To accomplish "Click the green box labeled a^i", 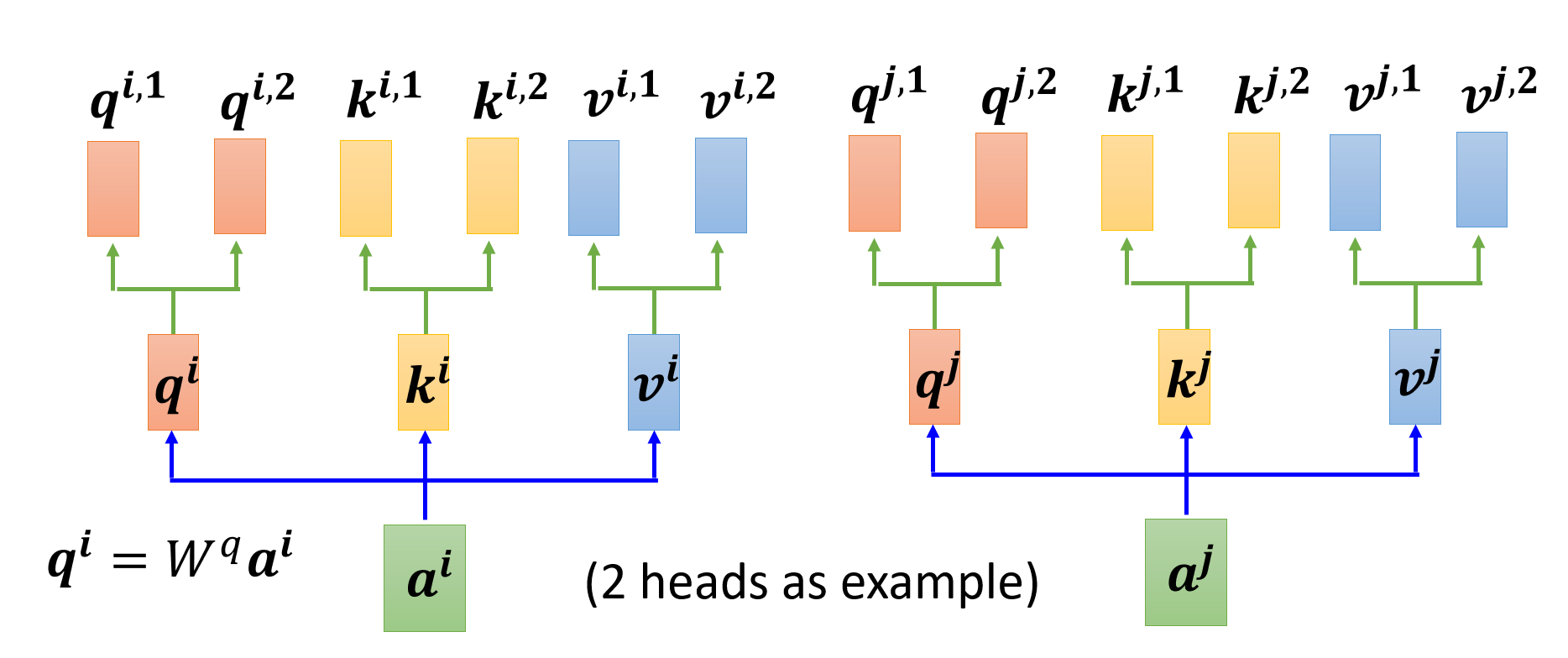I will (425, 578).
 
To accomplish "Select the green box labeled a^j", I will (1186, 572).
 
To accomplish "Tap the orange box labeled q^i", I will (174, 383).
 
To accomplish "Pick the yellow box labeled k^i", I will (424, 383).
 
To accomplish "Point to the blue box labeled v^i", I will (654, 383).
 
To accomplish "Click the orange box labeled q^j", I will (935, 377).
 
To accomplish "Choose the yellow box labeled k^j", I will (1184, 377).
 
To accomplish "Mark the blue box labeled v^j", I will (1415, 377).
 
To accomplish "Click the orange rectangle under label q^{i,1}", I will (113, 189).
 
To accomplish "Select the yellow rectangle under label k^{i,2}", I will (493, 186).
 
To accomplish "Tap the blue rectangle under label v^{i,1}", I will (594, 188).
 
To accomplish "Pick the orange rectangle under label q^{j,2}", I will (1001, 180).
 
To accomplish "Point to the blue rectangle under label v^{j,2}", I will (1482, 180).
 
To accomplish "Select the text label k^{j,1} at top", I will (1145, 91).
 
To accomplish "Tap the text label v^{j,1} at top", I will (1382, 91).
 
